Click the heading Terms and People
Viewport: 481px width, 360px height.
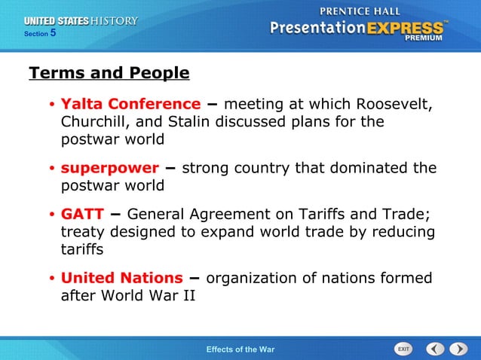(109, 73)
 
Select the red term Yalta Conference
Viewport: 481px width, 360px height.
(130, 104)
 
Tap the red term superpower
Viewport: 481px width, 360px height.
(109, 167)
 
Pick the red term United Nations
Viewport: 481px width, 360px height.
(121, 279)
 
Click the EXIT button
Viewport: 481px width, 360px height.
(403, 349)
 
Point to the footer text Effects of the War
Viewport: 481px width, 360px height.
(240, 349)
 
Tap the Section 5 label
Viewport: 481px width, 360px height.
(40, 34)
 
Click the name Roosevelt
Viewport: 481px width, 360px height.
(393, 104)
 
